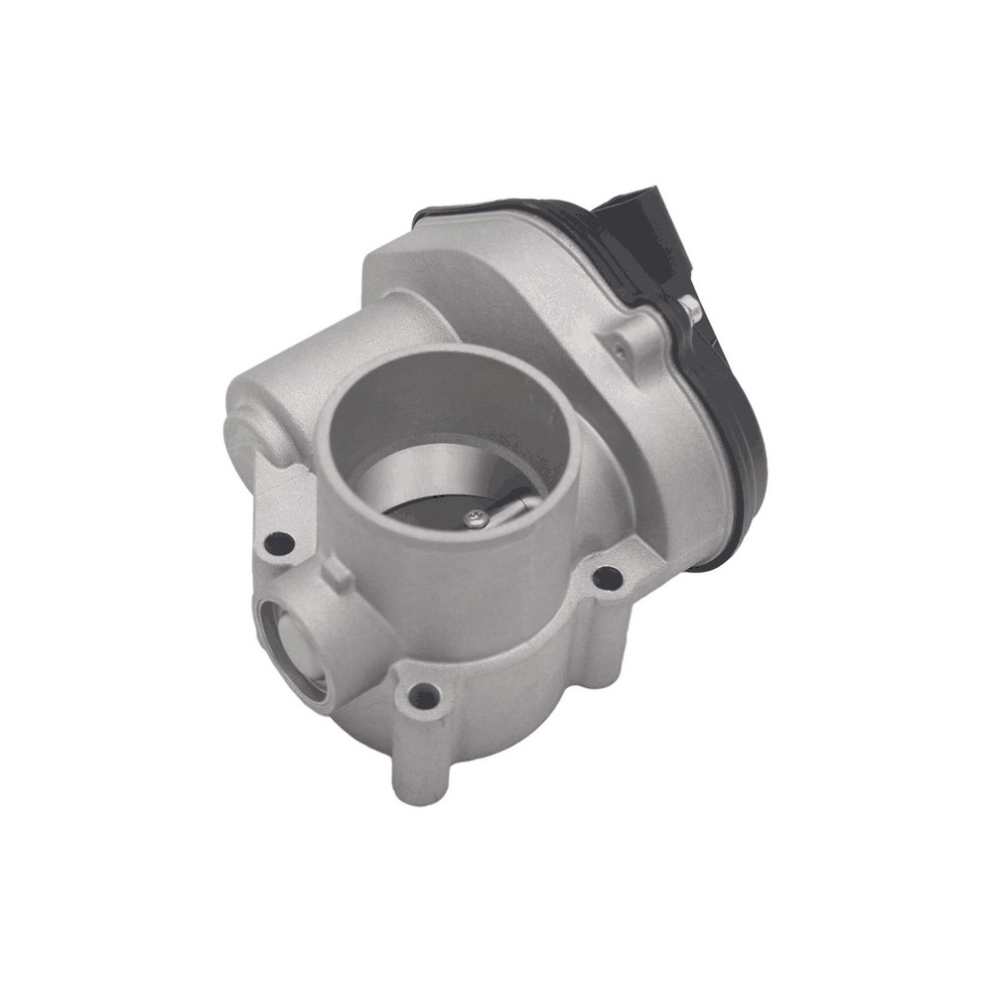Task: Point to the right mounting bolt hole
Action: (x=607, y=576)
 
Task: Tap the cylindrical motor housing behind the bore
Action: (x=328, y=338)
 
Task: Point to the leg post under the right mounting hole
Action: (x=611, y=636)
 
